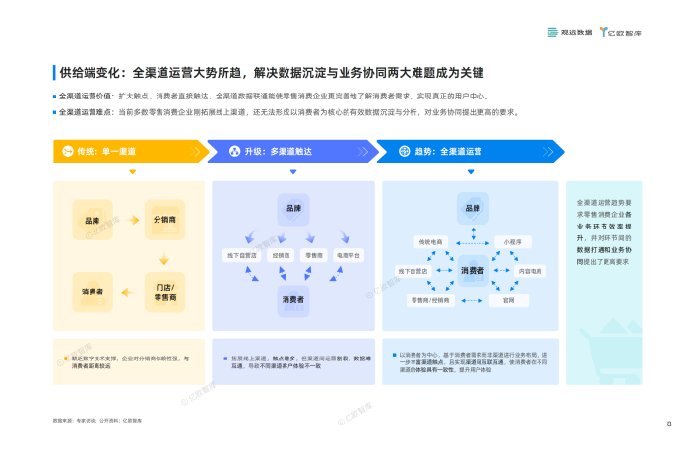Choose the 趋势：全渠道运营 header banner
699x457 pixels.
(469, 151)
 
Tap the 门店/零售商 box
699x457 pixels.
(164, 292)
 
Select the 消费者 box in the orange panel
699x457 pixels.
(93, 292)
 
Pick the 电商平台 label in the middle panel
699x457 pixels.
(349, 255)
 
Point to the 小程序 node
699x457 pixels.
(512, 240)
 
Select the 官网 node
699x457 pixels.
(509, 299)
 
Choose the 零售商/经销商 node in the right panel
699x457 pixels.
(429, 299)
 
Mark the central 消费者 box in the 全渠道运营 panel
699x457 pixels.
(473, 270)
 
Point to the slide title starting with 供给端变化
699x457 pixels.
(271, 73)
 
